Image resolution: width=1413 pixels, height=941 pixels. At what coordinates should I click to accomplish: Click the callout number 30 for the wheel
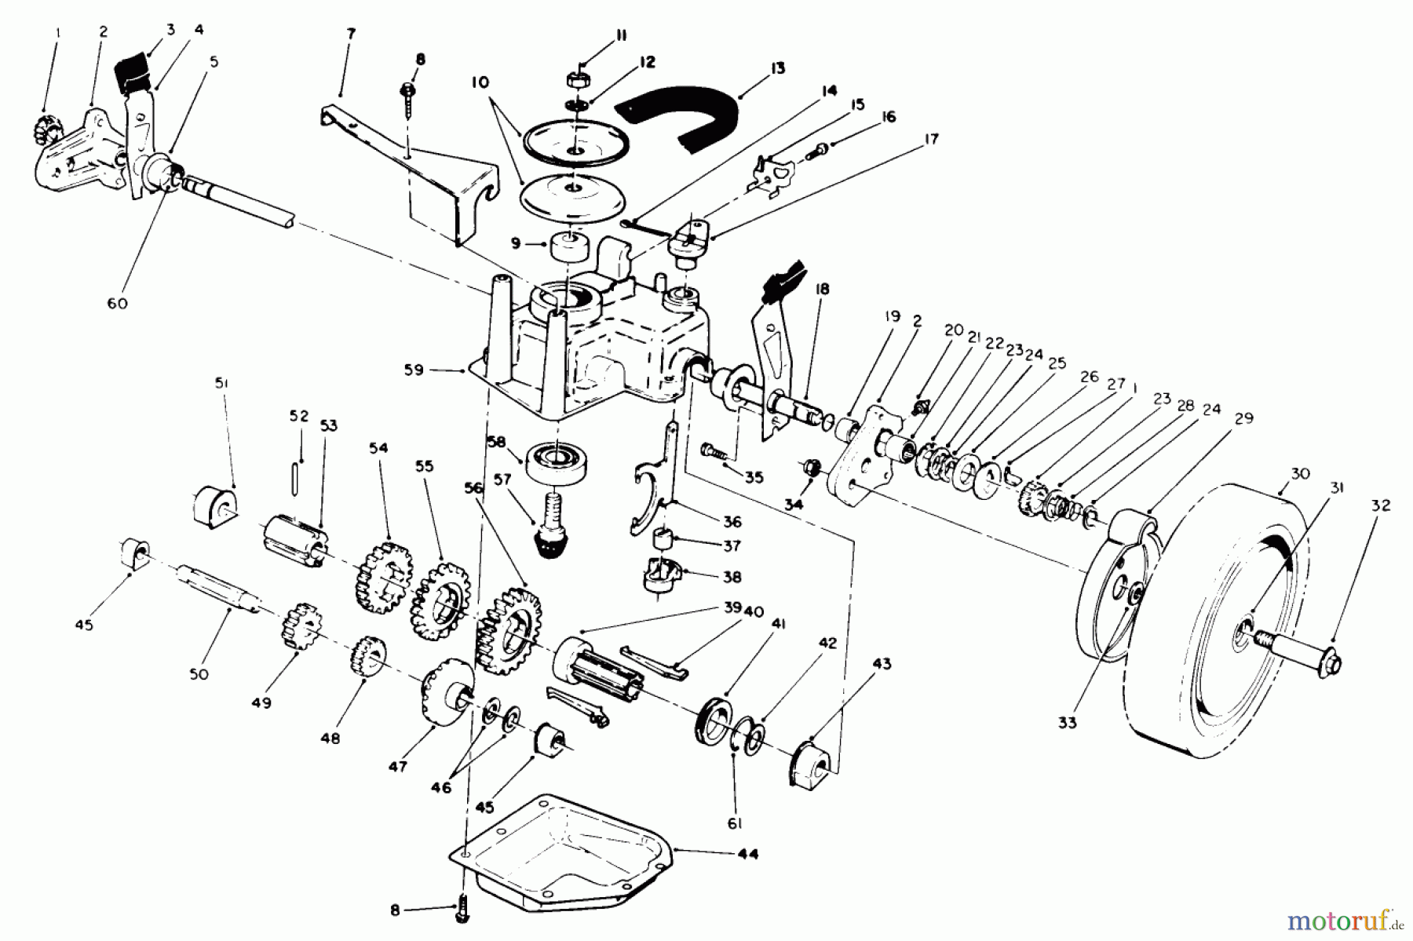tap(1301, 473)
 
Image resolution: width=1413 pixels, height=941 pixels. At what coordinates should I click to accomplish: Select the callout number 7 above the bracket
tap(350, 34)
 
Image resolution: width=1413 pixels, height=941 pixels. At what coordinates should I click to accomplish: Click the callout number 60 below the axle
tap(118, 304)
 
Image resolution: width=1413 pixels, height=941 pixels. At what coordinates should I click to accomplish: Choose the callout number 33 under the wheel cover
tap(1067, 722)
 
